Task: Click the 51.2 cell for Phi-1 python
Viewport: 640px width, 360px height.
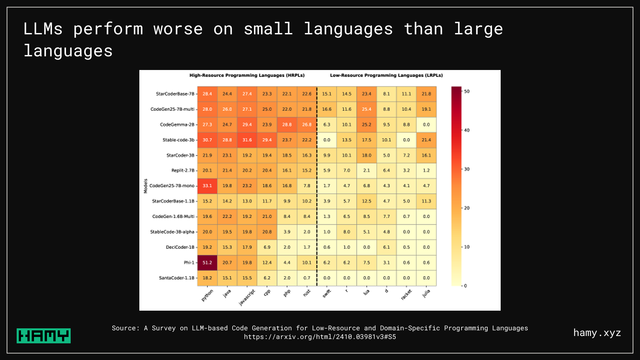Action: [207, 263]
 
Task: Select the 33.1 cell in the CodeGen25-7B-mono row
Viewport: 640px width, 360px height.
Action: [207, 186]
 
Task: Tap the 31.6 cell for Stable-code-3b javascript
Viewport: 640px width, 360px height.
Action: [247, 140]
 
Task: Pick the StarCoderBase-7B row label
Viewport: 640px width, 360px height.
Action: [175, 94]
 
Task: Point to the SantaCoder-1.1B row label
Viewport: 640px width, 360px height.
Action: [176, 278]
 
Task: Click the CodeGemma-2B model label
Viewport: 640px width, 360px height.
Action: [177, 125]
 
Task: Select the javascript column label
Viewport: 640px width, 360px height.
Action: [247, 297]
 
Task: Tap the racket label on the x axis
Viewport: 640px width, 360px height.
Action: [406, 295]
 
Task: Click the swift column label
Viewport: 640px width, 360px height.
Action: [327, 294]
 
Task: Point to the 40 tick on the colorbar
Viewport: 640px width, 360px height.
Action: [467, 130]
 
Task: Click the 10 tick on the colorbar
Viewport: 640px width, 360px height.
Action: [467, 247]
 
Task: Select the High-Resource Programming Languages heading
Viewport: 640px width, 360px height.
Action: [247, 75]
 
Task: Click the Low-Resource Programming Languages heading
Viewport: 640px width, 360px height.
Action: [386, 75]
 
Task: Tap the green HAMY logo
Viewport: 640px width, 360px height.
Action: [44, 336]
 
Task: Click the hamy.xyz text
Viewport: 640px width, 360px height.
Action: [597, 333]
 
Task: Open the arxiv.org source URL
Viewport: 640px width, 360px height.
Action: [320, 337]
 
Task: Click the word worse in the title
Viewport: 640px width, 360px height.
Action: [178, 29]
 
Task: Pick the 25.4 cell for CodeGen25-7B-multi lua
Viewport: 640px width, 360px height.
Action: [366, 109]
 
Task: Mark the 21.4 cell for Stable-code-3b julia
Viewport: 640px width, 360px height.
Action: [426, 140]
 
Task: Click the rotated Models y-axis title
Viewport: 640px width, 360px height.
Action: [145, 186]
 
